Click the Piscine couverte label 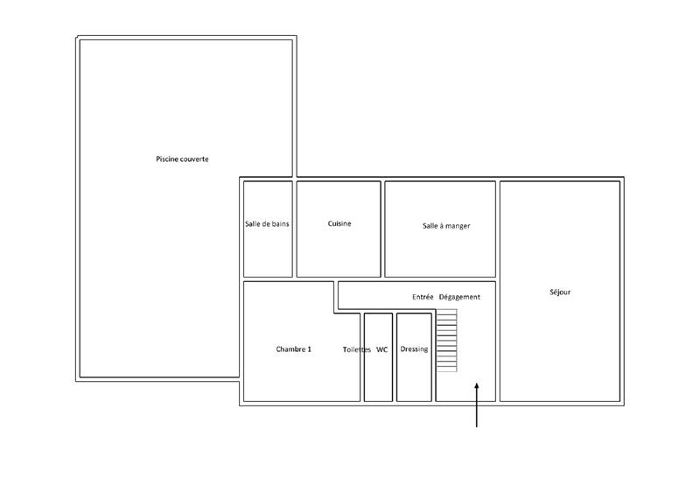pos(182,158)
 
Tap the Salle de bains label pos(267,224)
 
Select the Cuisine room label pos(339,224)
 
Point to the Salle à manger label pos(446,226)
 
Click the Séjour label pos(560,292)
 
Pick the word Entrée pos(423,297)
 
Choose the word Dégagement pos(459,297)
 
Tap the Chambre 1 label pos(293,349)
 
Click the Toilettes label pos(357,349)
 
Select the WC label pos(381,349)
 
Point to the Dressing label pos(414,349)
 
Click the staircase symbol pos(447,342)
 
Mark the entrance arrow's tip pos(477,383)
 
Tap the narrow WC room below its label pos(378,381)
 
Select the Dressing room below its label pos(414,381)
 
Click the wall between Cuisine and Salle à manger pos(383,228)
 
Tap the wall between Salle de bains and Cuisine pos(295,228)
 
